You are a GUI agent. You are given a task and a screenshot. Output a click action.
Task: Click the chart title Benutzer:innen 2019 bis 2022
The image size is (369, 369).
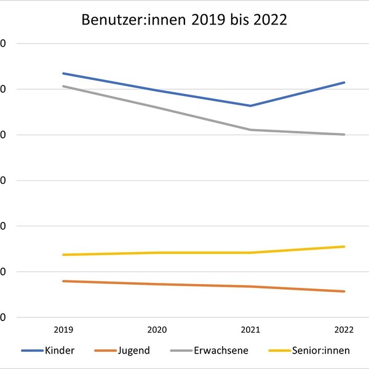(184, 20)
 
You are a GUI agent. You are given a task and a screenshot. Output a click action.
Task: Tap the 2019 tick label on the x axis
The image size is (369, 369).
(63, 330)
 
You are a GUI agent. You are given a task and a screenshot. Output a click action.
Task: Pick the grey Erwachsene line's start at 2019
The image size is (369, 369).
(63, 86)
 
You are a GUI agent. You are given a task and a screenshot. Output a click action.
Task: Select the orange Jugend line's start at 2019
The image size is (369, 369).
(63, 281)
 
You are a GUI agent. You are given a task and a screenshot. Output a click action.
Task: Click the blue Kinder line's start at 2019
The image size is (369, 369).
(63, 73)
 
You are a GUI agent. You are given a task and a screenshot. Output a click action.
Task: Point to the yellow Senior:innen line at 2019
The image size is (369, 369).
(63, 255)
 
